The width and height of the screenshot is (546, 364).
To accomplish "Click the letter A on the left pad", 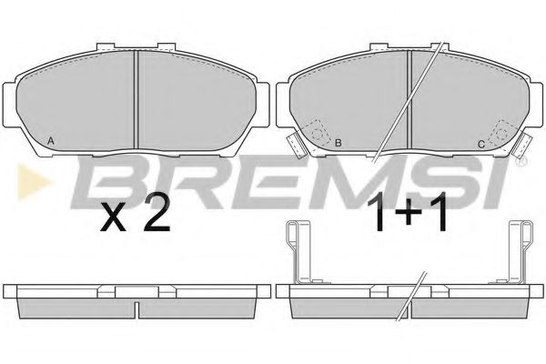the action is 51,141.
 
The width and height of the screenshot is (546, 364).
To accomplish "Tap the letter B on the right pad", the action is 339,143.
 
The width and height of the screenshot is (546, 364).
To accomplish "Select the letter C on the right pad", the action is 481,144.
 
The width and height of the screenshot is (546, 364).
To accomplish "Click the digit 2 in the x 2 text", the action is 157,213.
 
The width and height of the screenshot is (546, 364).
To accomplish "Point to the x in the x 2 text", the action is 113,218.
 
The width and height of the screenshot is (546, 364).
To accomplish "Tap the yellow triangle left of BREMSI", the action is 33,181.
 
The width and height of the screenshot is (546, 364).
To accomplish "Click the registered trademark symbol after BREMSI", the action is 522,161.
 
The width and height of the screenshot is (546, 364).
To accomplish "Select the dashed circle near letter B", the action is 318,133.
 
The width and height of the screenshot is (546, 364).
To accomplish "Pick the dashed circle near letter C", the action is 501,133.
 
